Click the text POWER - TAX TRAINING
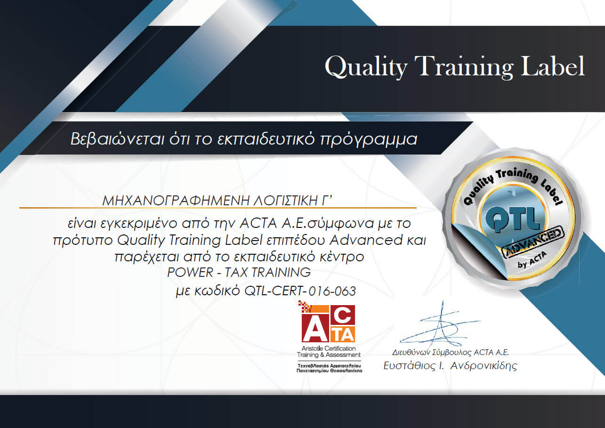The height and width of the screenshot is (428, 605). [239, 272]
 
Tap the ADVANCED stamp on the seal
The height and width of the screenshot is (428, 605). [533, 242]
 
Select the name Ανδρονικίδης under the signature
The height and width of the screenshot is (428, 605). [484, 366]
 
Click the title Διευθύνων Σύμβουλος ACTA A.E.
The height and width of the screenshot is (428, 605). [451, 352]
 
